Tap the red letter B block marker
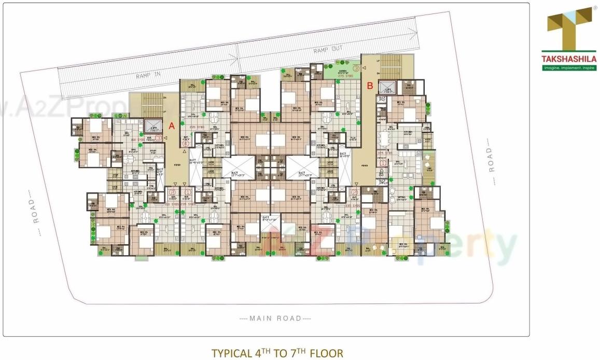(370, 86)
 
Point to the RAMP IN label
(149, 74)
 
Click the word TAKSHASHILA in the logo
(569, 59)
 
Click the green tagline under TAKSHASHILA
(569, 67)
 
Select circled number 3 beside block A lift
(165, 137)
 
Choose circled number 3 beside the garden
(356, 67)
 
